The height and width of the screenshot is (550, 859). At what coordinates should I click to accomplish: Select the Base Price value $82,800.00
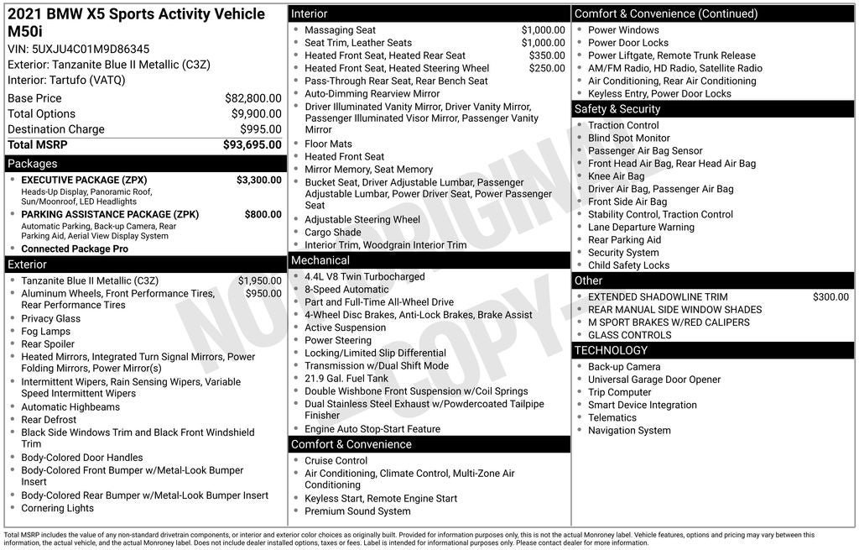[252, 98]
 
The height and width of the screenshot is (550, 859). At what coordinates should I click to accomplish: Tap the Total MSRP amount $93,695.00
[252, 145]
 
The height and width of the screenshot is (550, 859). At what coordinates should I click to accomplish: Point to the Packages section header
[33, 164]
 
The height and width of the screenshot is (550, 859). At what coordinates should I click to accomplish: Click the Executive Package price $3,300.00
[258, 181]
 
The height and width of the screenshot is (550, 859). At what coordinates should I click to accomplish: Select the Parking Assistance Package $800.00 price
[263, 215]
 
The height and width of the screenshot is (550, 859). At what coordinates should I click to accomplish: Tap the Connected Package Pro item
[75, 249]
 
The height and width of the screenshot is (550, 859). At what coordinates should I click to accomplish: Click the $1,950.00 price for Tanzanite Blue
[259, 281]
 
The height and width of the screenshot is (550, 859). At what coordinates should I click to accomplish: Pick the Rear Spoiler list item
[48, 344]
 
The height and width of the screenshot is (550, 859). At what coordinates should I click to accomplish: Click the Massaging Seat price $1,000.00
[543, 30]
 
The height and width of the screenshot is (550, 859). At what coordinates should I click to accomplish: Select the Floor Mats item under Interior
[329, 144]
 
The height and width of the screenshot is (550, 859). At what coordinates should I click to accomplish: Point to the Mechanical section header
[320, 260]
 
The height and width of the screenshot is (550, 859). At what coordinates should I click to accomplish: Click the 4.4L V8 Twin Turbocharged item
[365, 277]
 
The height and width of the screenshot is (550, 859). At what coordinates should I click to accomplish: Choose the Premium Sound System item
[357, 511]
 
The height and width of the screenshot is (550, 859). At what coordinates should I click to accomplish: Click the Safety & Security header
[617, 109]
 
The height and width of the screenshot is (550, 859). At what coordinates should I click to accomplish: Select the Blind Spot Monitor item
[629, 139]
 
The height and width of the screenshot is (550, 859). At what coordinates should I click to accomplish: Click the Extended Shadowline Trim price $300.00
[830, 297]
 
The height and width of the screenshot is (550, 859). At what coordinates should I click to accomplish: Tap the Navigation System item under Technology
[629, 431]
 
